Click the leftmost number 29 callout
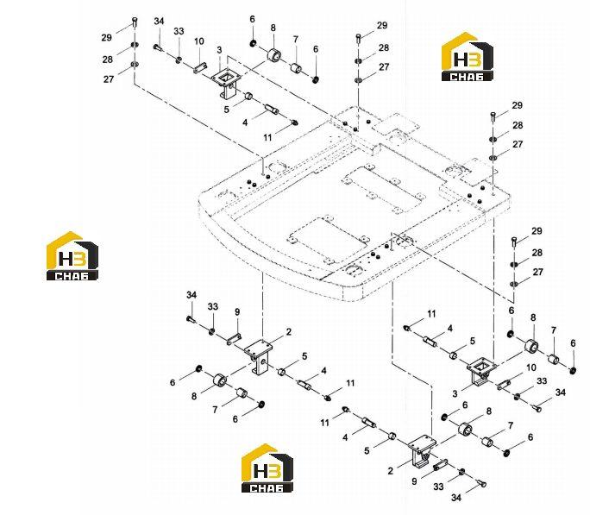tap(106, 38)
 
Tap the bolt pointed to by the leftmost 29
tap(135, 22)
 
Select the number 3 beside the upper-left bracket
tap(219, 50)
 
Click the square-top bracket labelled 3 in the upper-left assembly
tap(225, 85)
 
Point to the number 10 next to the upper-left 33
tap(199, 41)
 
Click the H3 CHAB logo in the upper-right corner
tap(467, 56)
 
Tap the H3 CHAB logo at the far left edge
tap(72, 256)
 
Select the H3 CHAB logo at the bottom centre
tap(267, 468)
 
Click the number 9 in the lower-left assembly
tap(237, 312)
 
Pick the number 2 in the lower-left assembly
tap(289, 332)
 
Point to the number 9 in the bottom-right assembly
tap(414, 481)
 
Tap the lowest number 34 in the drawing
tap(456, 498)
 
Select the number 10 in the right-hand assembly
tap(531, 367)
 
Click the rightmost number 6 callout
tap(573, 343)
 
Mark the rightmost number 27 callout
tap(538, 272)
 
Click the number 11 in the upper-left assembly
tap(267, 137)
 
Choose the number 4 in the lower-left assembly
tap(324, 371)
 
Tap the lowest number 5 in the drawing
tap(367, 450)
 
